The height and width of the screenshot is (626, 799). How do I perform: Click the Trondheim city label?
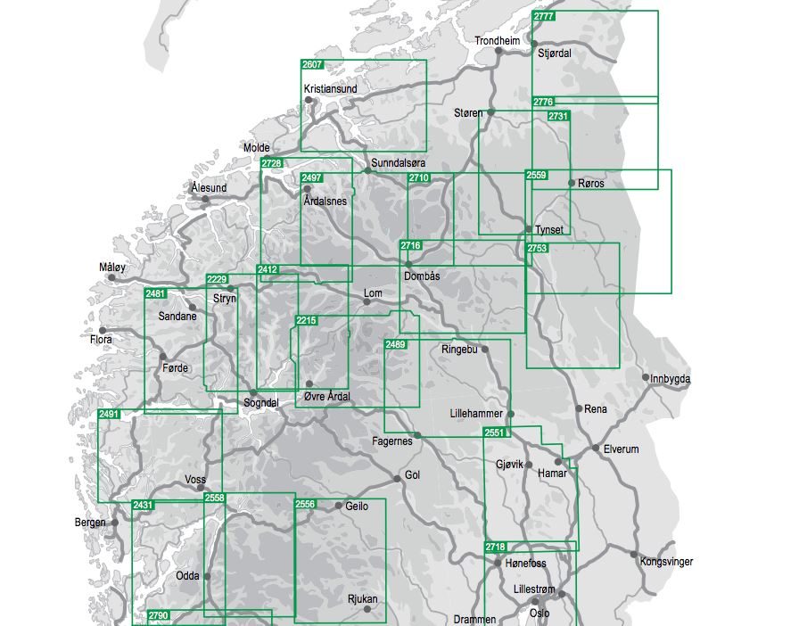pos(497,41)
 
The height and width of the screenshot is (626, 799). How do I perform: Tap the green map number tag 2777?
pos(543,17)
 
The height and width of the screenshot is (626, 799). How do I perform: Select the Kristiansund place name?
pos(330,89)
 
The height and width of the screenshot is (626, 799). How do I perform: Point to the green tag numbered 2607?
pos(312,65)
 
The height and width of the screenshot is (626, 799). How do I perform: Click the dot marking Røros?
pos(572,183)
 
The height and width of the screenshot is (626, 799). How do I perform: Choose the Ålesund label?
pos(209,188)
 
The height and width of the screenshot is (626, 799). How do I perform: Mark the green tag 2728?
pos(271,163)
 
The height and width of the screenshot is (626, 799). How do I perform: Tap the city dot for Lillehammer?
pos(511,414)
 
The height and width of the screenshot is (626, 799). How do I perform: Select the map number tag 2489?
pos(396,345)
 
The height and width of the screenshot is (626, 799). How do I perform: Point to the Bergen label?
pos(90,523)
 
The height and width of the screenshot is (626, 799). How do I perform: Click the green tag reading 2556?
pos(306,505)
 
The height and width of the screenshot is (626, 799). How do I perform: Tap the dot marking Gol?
pos(398,479)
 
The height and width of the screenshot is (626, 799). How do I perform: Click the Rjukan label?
pos(362,599)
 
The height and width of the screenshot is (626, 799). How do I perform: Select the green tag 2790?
pos(159,615)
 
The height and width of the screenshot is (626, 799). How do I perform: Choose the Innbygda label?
pos(671,379)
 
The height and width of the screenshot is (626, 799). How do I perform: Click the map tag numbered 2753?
pos(537,249)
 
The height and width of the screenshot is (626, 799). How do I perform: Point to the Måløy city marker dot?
pos(112,277)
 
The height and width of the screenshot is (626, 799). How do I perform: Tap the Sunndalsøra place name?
pos(398,164)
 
